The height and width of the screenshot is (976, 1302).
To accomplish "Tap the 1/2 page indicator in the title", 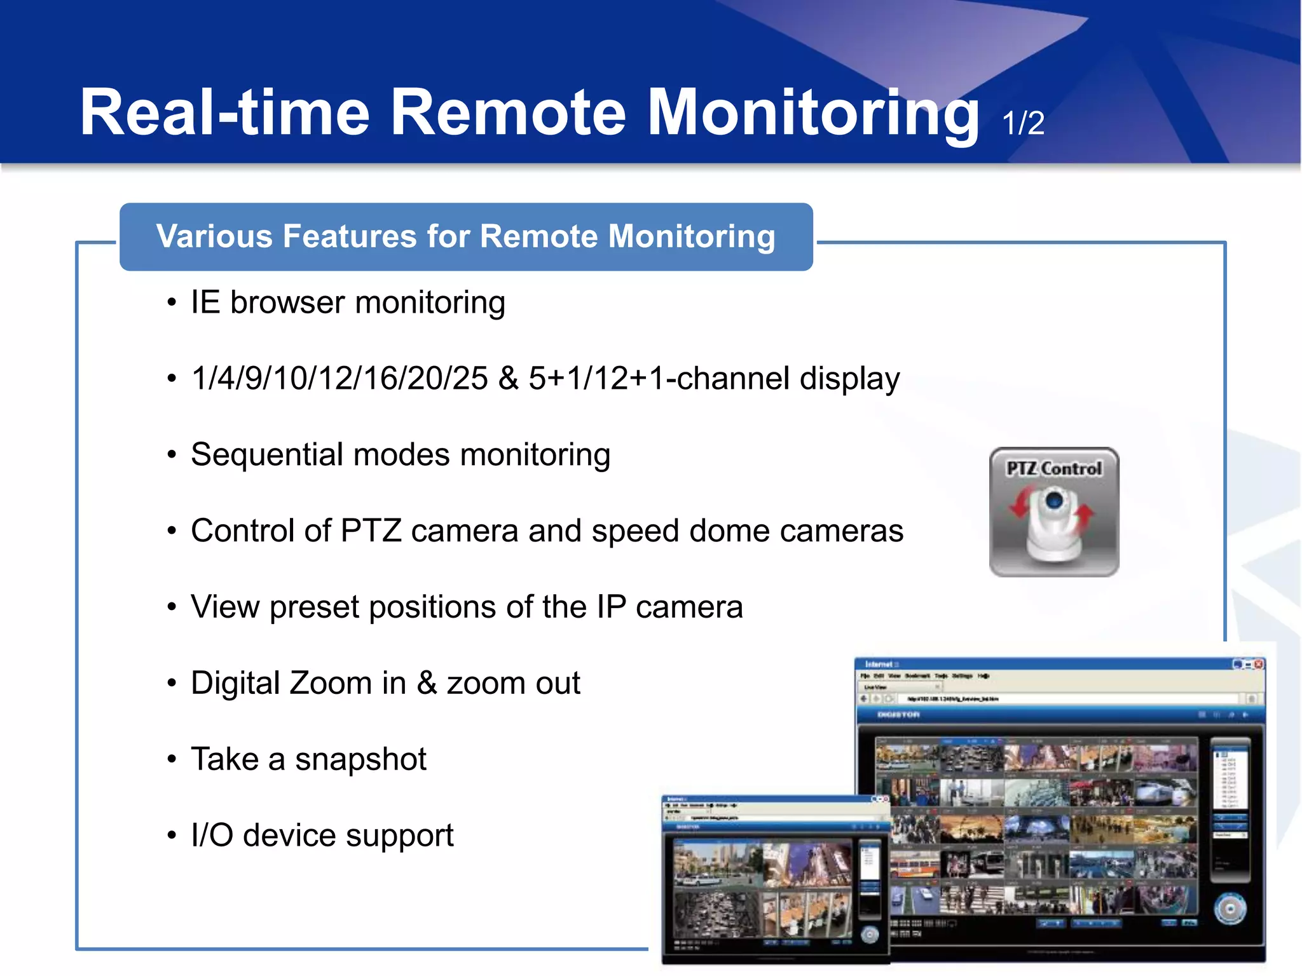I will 1023,123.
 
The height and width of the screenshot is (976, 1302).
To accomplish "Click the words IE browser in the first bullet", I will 267,302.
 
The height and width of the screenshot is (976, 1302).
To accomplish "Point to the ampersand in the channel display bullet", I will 509,378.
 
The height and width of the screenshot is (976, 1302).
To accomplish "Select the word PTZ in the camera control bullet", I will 371,531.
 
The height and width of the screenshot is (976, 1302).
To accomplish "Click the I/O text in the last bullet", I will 212,835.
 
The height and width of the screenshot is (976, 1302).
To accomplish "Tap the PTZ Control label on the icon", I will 1053,469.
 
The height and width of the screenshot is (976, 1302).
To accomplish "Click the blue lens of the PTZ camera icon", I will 1054,501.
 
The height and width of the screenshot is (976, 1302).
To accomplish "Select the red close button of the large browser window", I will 1259,665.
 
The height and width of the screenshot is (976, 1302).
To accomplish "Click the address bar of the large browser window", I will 1068,699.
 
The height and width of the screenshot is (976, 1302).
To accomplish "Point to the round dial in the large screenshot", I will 1230,909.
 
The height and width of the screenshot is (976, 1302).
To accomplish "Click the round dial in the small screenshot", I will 870,934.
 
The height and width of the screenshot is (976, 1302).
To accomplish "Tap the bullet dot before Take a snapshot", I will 172,759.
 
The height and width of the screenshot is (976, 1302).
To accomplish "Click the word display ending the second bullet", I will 849,379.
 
